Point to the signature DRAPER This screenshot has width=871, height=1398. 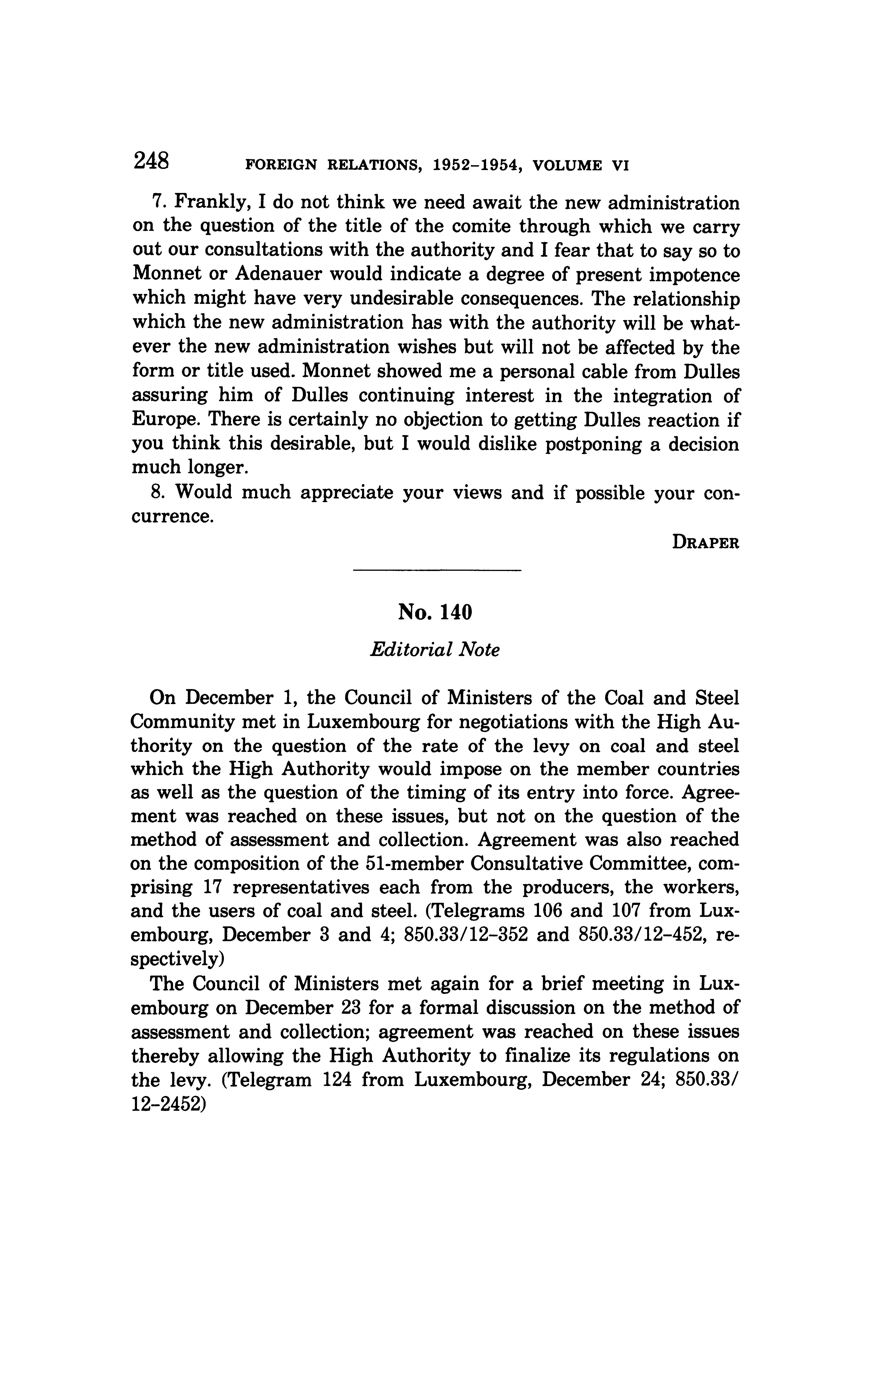tap(705, 543)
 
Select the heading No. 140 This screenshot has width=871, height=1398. tap(435, 612)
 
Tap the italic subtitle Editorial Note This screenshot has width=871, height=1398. tap(435, 650)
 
